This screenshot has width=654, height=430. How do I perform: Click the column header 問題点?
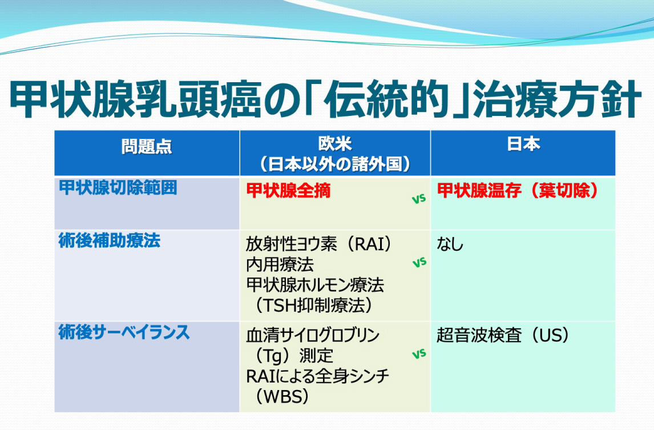[x=147, y=147]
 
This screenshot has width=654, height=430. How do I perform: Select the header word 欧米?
[x=335, y=144]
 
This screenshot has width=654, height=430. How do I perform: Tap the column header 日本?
[x=523, y=144]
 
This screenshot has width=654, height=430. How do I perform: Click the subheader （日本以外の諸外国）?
[x=335, y=164]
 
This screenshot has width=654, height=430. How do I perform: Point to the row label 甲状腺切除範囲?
[x=118, y=187]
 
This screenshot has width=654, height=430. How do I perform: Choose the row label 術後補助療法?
[x=109, y=241]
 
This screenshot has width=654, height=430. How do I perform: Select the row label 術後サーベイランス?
[x=124, y=332]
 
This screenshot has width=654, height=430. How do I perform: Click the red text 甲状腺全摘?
[x=288, y=190]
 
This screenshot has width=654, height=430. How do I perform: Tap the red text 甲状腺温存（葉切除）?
[x=518, y=190]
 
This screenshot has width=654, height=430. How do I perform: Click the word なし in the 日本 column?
[x=450, y=244]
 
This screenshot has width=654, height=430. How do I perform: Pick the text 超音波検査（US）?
[x=503, y=335]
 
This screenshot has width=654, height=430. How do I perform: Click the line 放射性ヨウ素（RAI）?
[x=319, y=244]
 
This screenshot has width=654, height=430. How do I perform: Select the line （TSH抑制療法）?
[x=313, y=305]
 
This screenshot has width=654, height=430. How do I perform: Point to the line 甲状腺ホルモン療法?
[x=315, y=285]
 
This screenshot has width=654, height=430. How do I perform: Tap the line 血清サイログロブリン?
[x=313, y=335]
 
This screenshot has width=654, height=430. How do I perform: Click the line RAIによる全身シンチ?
[x=317, y=376]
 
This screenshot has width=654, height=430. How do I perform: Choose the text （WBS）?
[x=281, y=396]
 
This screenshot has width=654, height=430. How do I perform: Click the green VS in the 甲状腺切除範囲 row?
[x=419, y=199]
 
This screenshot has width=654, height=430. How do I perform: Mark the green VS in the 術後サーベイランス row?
[x=419, y=354]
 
